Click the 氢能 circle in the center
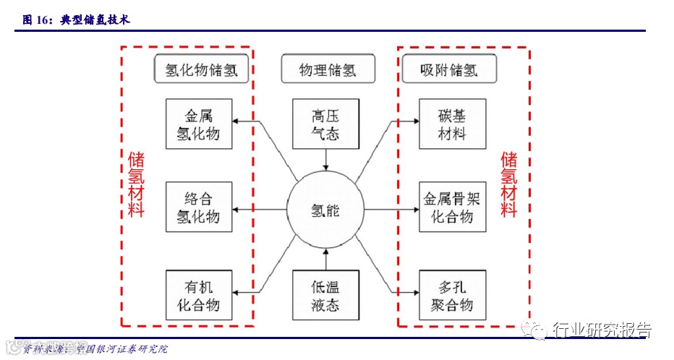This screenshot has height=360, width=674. (x=325, y=210)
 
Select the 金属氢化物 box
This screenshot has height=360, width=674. (x=199, y=124)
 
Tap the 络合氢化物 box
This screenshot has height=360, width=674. (x=199, y=207)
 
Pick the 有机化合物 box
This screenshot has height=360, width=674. (x=199, y=295)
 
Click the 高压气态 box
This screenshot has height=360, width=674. (x=325, y=124)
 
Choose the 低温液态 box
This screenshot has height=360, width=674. (x=325, y=295)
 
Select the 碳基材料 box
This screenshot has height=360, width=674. (x=453, y=124)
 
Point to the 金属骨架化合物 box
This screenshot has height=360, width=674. (x=453, y=207)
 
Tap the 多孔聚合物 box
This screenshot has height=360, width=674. (x=453, y=295)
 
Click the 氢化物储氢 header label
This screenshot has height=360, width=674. (x=202, y=71)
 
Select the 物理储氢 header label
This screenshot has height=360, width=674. (x=328, y=71)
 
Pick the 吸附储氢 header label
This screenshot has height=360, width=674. (x=449, y=71)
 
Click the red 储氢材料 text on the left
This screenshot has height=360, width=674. (x=136, y=184)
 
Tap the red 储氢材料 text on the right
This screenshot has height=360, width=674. (x=510, y=184)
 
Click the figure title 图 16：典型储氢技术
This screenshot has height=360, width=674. (x=75, y=20)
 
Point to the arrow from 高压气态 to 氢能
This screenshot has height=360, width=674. (x=325, y=160)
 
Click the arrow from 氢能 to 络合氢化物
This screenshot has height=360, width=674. (x=260, y=210)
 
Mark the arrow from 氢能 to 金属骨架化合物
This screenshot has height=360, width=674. (x=391, y=210)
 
